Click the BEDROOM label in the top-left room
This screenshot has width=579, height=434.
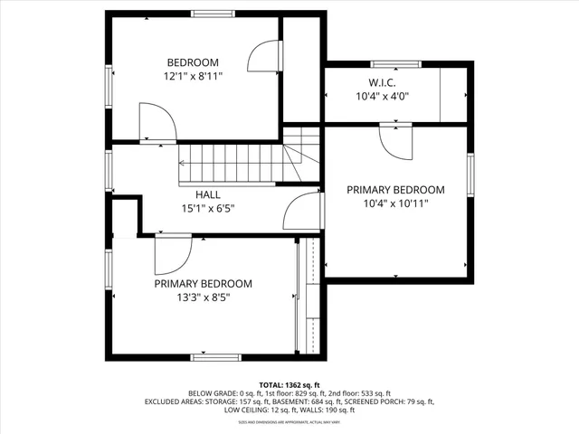pyautogui.click(x=192, y=62)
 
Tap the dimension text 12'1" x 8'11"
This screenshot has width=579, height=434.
pyautogui.click(x=192, y=77)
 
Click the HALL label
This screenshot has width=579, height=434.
pyautogui.click(x=207, y=194)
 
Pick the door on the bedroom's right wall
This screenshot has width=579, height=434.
pyautogui.click(x=263, y=61)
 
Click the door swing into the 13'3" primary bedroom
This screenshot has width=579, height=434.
pyautogui.click(x=171, y=255)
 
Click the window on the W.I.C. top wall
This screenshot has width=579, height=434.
pyautogui.click(x=395, y=64)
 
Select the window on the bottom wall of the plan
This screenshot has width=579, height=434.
pyautogui.click(x=215, y=357)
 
